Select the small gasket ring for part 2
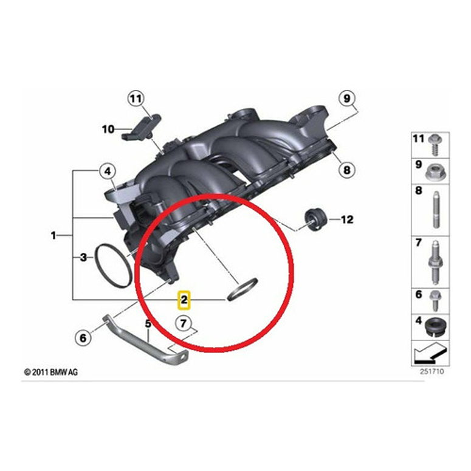coord(242,289)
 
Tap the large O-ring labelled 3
coord(112,265)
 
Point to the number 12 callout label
coord(346,219)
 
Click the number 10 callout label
coord(108,129)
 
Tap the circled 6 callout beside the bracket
coord(83,336)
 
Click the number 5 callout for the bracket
coord(147,324)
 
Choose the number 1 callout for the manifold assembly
coord(53,235)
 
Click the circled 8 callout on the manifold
coord(346,170)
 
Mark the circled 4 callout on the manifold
coord(108,172)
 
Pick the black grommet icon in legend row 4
coord(435,326)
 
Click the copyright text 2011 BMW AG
coord(51,371)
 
